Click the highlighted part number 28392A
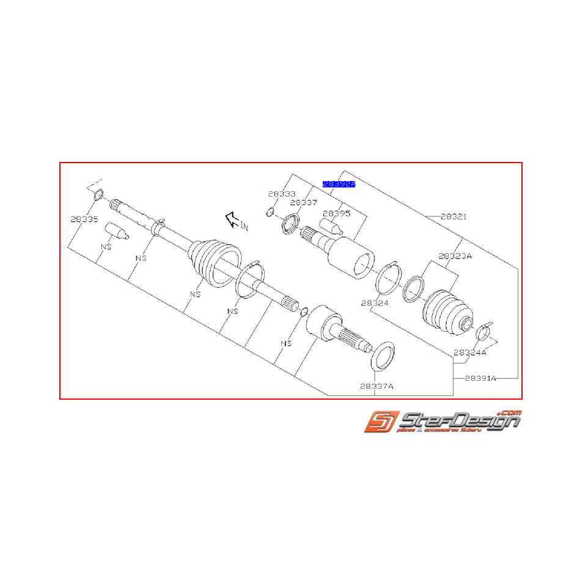coord(339,183)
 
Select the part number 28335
coord(83,219)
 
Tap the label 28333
coord(281,194)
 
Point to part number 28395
coord(337,213)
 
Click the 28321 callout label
coord(453,216)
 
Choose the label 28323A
coord(455,257)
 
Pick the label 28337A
coord(376,386)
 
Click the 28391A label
coord(480,378)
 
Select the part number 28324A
coord(469,353)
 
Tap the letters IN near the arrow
coord(244,227)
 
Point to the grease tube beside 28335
coord(115,231)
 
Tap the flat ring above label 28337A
coord(383,356)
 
